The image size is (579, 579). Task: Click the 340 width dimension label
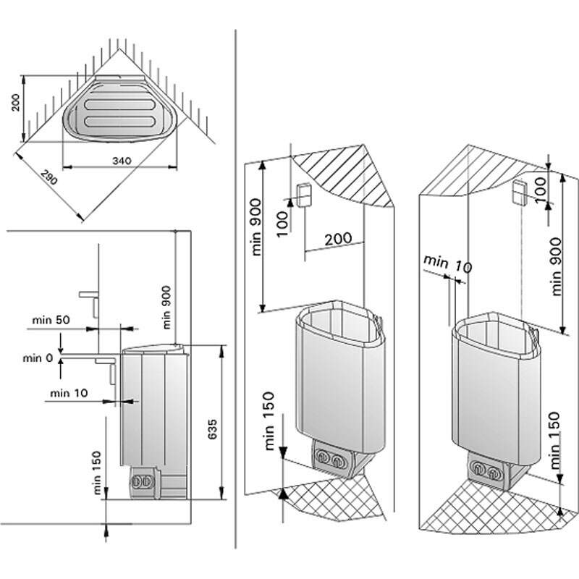121,161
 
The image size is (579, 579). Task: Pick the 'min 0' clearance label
37,358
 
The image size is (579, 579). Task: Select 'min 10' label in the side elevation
69,393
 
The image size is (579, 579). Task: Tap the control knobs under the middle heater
331,459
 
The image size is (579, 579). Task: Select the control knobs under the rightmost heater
486,470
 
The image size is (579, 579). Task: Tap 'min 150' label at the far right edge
556,442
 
